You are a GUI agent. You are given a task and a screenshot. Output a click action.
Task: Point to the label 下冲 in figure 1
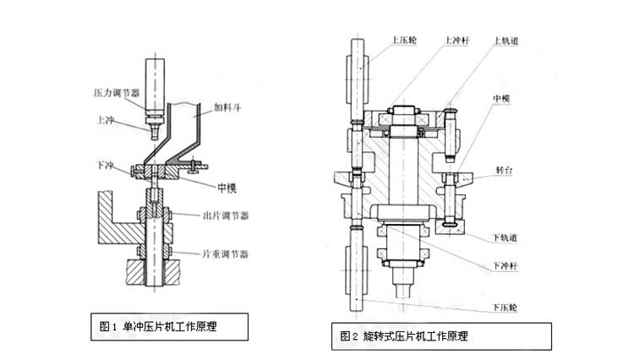106,165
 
